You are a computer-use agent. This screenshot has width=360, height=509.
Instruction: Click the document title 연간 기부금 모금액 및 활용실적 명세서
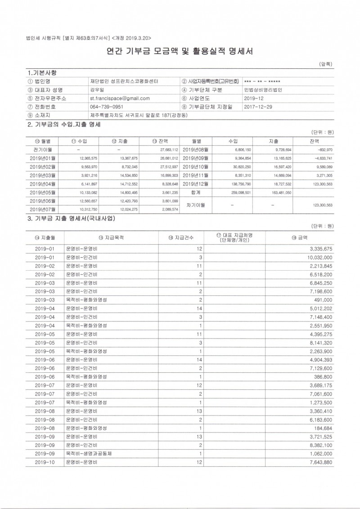pyautogui.click(x=180, y=51)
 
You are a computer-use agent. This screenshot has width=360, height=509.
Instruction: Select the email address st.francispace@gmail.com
pyautogui.click(x=120, y=98)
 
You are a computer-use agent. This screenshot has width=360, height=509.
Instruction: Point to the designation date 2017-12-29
pyautogui.click(x=258, y=107)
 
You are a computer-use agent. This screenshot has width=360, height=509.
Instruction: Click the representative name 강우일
pyautogui.click(x=97, y=89)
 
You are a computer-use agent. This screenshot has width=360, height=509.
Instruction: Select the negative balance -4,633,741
pyautogui.click(x=323, y=159)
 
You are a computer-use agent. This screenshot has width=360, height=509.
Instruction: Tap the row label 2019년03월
pyautogui.click(x=43, y=175)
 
